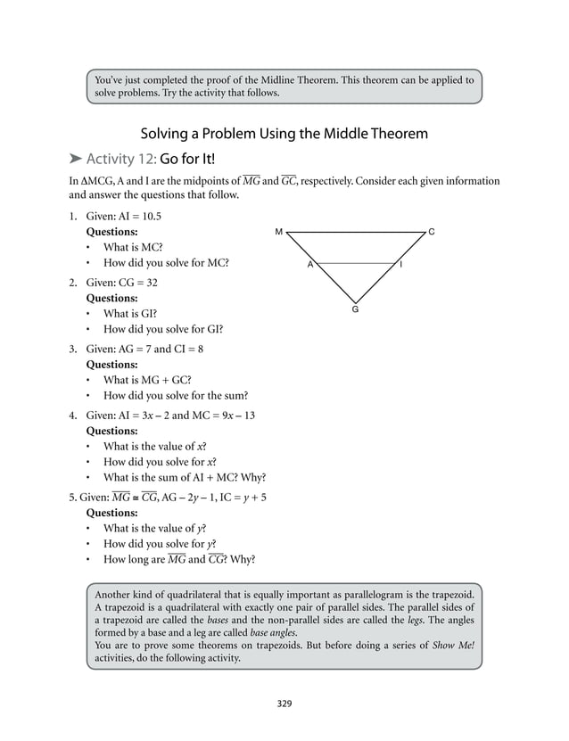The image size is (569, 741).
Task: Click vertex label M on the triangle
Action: (x=278, y=232)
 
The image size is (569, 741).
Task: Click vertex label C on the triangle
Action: (x=433, y=232)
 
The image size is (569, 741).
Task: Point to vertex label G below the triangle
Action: (x=355, y=309)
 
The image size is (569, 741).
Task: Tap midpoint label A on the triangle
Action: (x=309, y=265)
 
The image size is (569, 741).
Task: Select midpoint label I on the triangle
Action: (x=401, y=265)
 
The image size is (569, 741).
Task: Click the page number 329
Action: (x=284, y=704)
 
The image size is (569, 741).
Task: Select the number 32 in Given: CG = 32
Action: (x=147, y=282)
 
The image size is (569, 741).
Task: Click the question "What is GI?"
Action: (x=130, y=314)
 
